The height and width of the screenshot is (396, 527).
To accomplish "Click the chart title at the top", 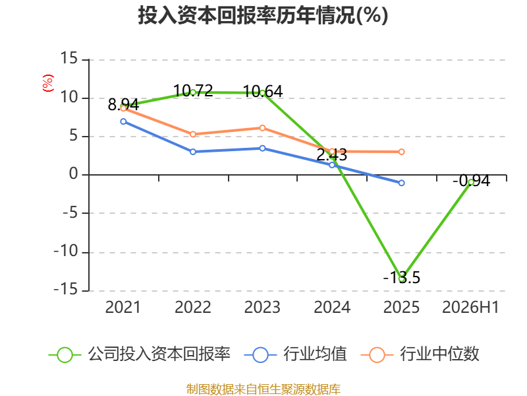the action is coord(263,15).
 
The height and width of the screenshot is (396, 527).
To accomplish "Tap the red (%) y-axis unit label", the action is coord(47,83).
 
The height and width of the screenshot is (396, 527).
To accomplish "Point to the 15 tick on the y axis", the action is coord(69,58).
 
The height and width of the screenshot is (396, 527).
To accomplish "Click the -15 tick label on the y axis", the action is coord(65,290).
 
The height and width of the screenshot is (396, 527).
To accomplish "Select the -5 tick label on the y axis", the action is coord(70,213).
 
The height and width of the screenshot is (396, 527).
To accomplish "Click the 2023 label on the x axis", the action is coord(262,307).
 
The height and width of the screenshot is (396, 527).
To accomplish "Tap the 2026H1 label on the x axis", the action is coord(470,307).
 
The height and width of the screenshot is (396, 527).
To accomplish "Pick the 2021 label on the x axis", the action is coord(123,307).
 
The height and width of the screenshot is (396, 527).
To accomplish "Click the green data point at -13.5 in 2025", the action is coord(402,279).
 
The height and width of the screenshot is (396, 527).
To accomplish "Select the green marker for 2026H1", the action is coord(471,182).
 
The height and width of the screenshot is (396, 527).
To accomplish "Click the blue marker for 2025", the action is coord(402,183).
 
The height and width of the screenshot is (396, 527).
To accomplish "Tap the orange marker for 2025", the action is coord(402,152).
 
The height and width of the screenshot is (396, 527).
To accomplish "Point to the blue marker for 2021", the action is coord(123,121).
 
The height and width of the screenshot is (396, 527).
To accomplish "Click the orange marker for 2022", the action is coord(193,135).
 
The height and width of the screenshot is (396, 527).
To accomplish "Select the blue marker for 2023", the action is coord(262,148).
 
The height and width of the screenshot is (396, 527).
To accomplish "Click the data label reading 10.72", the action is coord(193,90).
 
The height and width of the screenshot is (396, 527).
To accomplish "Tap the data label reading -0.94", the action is coord(471,181).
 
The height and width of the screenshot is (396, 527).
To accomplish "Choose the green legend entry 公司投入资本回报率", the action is coord(140,354).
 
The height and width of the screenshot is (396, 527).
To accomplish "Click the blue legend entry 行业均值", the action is coord(295,354).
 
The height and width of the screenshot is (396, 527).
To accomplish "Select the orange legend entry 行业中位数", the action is coord(420,354).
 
